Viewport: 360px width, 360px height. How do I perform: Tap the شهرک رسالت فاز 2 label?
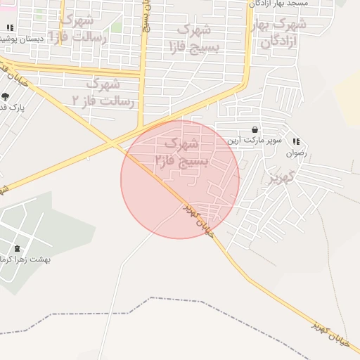(103, 93)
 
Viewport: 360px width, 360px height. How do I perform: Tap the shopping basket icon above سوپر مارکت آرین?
(254, 130)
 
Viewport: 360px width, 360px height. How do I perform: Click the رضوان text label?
(296, 152)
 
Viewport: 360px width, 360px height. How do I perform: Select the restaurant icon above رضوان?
(296, 141)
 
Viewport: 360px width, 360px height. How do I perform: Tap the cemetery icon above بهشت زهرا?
(17, 249)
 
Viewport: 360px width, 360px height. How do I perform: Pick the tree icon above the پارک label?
(6, 96)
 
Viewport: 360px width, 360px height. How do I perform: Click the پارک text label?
(12, 108)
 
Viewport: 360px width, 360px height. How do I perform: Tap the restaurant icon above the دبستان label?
(9, 27)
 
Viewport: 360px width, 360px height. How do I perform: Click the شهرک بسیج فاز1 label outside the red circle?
(191, 39)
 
